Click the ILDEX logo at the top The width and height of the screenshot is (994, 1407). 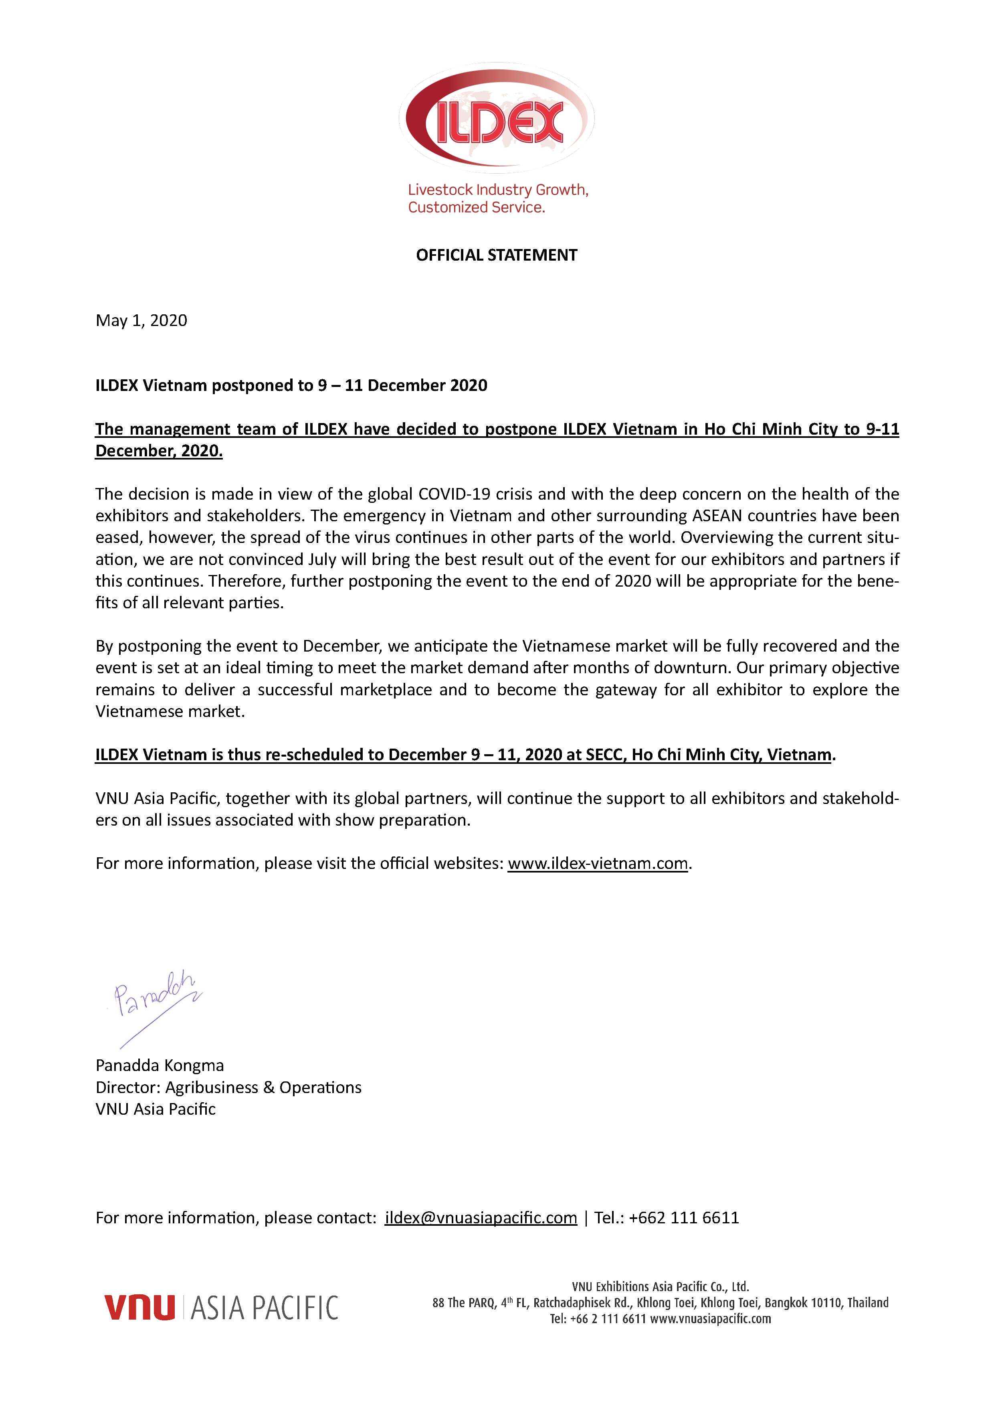pos(497,117)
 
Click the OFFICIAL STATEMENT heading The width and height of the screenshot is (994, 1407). pos(496,255)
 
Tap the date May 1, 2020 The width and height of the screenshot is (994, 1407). pos(141,320)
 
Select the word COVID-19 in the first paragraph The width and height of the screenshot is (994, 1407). pos(454,494)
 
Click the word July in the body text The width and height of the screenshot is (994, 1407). pos(322,559)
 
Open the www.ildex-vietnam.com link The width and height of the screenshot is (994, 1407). pos(598,863)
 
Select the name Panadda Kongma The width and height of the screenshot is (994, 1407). pos(160,1066)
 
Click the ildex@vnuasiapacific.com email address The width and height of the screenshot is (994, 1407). pos(481,1218)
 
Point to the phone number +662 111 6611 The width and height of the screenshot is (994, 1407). pos(683,1218)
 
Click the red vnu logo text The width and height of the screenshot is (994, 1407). pos(139,1307)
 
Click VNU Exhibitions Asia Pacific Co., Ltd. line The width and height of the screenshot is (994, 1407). pos(660,1287)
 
